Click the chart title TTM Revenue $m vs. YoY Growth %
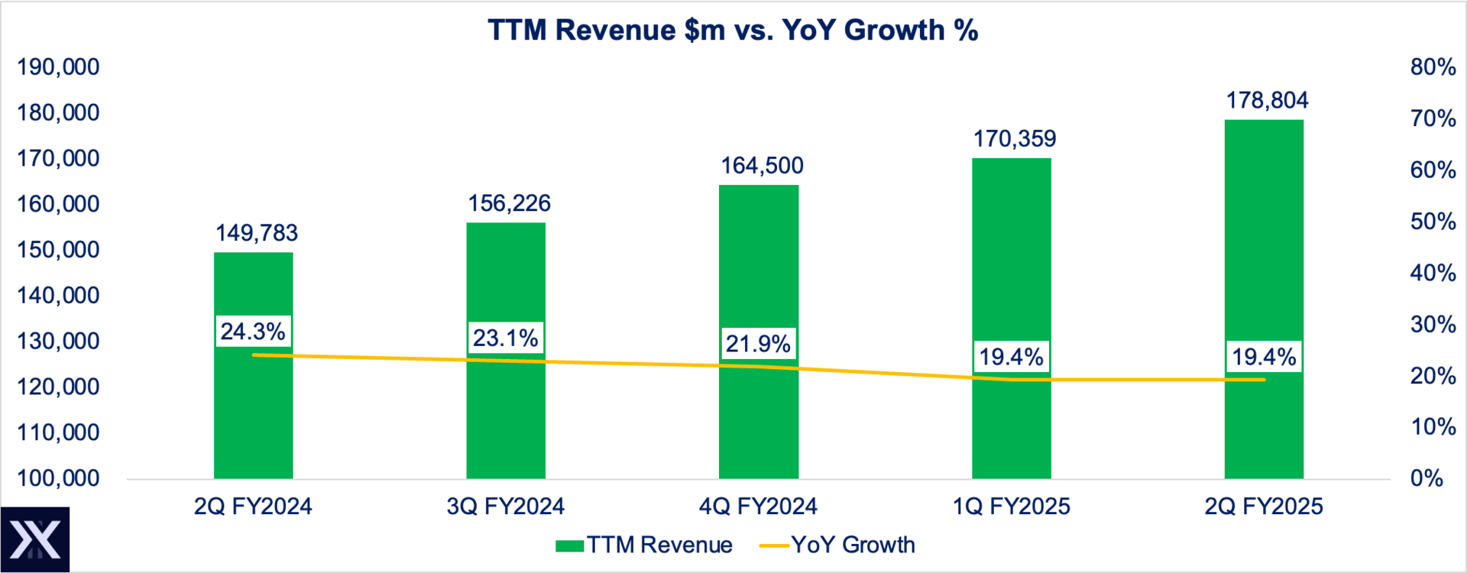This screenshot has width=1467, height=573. (733, 31)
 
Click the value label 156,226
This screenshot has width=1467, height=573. (509, 203)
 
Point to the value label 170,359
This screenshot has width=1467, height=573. (1014, 139)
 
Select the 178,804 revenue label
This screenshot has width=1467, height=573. (1267, 100)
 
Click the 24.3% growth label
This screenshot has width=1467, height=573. (253, 332)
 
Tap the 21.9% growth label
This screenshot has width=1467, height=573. (758, 344)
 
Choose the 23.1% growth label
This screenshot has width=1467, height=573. (505, 338)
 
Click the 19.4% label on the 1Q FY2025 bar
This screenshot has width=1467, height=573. (1011, 357)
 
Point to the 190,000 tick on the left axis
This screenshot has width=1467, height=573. (58, 67)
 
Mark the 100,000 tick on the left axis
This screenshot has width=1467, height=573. (58, 478)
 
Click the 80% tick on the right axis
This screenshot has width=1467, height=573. (1433, 67)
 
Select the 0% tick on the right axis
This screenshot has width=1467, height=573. (1427, 478)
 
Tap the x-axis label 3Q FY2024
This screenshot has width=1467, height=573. (505, 507)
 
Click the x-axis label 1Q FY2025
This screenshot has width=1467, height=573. (1011, 507)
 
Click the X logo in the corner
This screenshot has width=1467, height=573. (35, 539)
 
